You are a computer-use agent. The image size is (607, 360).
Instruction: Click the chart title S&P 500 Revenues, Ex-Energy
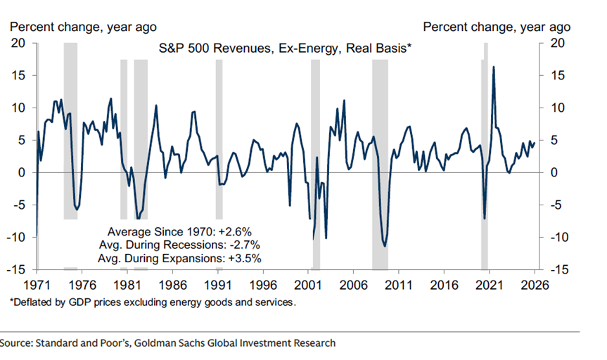point(285,49)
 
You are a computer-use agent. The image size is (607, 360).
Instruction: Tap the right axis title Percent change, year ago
point(497,27)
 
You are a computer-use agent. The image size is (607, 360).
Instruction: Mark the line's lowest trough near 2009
point(384,246)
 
